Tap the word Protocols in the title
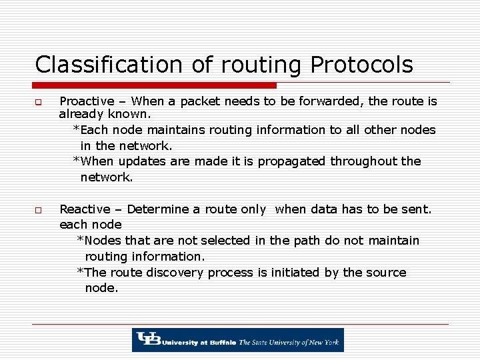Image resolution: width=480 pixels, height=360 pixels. tap(361, 65)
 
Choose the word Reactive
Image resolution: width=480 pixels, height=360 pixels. tap(85, 209)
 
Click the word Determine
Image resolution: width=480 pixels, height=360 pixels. tap(158, 209)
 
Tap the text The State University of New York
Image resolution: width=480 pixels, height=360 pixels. tap(289, 342)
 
